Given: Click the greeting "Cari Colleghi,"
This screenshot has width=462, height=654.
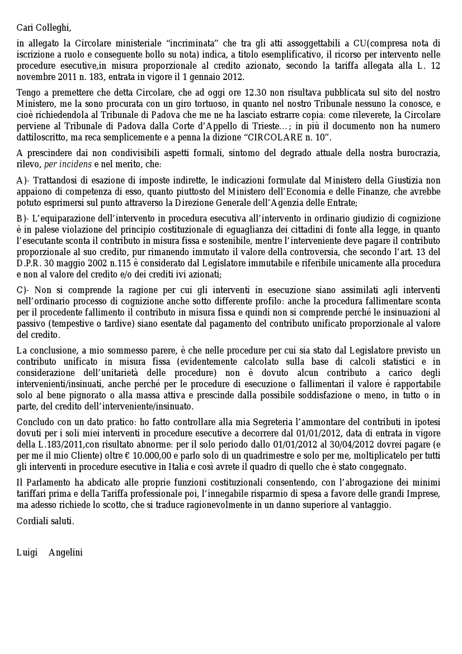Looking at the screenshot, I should (44, 27).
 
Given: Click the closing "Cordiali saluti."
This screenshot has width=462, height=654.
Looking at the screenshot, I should (45, 521).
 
